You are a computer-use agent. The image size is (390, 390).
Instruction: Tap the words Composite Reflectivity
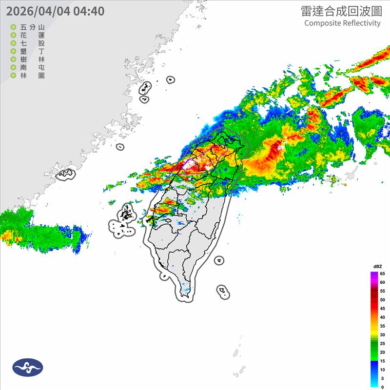[342, 23]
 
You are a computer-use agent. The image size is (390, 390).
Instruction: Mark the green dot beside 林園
[13, 76]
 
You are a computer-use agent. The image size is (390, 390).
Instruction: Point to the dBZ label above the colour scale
[377, 266]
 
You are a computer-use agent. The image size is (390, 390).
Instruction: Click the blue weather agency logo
[28, 368]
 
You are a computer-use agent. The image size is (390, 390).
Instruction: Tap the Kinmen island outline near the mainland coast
[66, 173]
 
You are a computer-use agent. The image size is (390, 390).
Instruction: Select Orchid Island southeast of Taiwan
[223, 292]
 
